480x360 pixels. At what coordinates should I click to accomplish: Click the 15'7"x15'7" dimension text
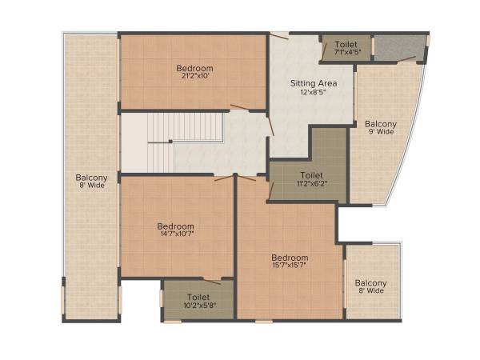pos(290,266)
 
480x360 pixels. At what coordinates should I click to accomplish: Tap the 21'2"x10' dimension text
pos(194,78)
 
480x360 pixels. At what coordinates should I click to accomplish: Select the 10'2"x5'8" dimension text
pos(198,306)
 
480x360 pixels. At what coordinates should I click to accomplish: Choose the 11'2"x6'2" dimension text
pos(311,183)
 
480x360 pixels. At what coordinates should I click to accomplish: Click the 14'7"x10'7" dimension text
pos(175,236)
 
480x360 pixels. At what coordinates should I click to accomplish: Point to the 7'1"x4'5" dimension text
pos(346,53)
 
